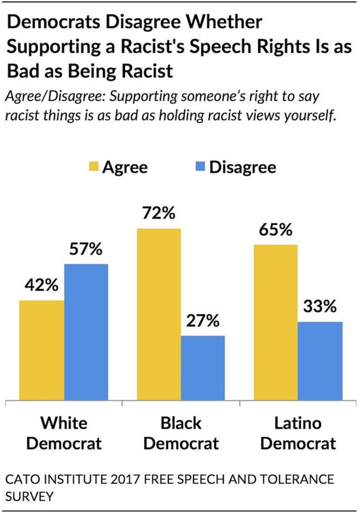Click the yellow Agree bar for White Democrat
(x=42, y=351)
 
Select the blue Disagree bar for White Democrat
(x=86, y=333)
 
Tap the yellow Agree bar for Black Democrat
(x=158, y=315)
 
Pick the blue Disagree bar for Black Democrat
(x=203, y=368)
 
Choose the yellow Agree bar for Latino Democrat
(x=275, y=323)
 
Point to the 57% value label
(x=86, y=249)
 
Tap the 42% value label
(x=41, y=286)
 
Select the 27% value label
(x=203, y=321)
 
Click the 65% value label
(x=275, y=230)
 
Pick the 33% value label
(x=320, y=307)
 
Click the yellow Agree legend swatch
(x=94, y=167)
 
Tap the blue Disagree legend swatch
(x=200, y=167)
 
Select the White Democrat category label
(x=64, y=433)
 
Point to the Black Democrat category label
(x=181, y=433)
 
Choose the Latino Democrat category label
(x=297, y=433)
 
